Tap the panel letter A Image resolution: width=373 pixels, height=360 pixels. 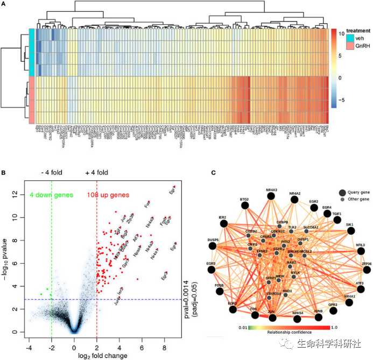[x=4, y=4]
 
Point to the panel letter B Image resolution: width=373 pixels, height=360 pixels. [x=4, y=173]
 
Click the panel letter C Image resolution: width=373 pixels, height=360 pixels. [x=214, y=173]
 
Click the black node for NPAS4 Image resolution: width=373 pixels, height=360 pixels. [x=298, y=318]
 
